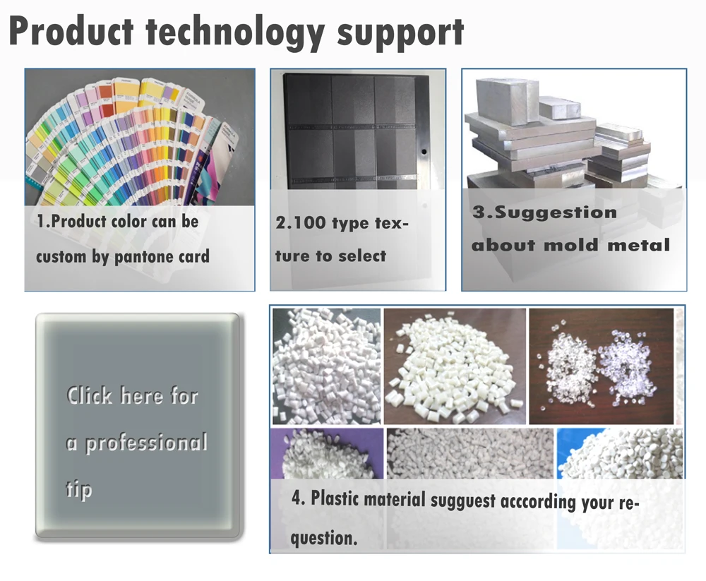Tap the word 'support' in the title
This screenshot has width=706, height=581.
point(400,33)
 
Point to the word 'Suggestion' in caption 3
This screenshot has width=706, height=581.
point(556,212)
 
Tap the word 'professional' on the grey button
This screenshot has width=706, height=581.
point(147,443)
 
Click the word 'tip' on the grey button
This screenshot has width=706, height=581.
point(79,489)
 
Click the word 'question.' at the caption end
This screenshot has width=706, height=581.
point(324,538)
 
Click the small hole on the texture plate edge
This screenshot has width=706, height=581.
point(424,152)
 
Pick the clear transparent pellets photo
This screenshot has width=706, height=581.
point(601,366)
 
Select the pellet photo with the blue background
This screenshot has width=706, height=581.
point(620,453)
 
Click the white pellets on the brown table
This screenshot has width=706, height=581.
point(454,366)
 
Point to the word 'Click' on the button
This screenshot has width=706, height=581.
point(89,395)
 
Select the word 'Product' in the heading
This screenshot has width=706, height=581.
point(71,31)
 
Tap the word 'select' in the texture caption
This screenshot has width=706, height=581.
point(362,256)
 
